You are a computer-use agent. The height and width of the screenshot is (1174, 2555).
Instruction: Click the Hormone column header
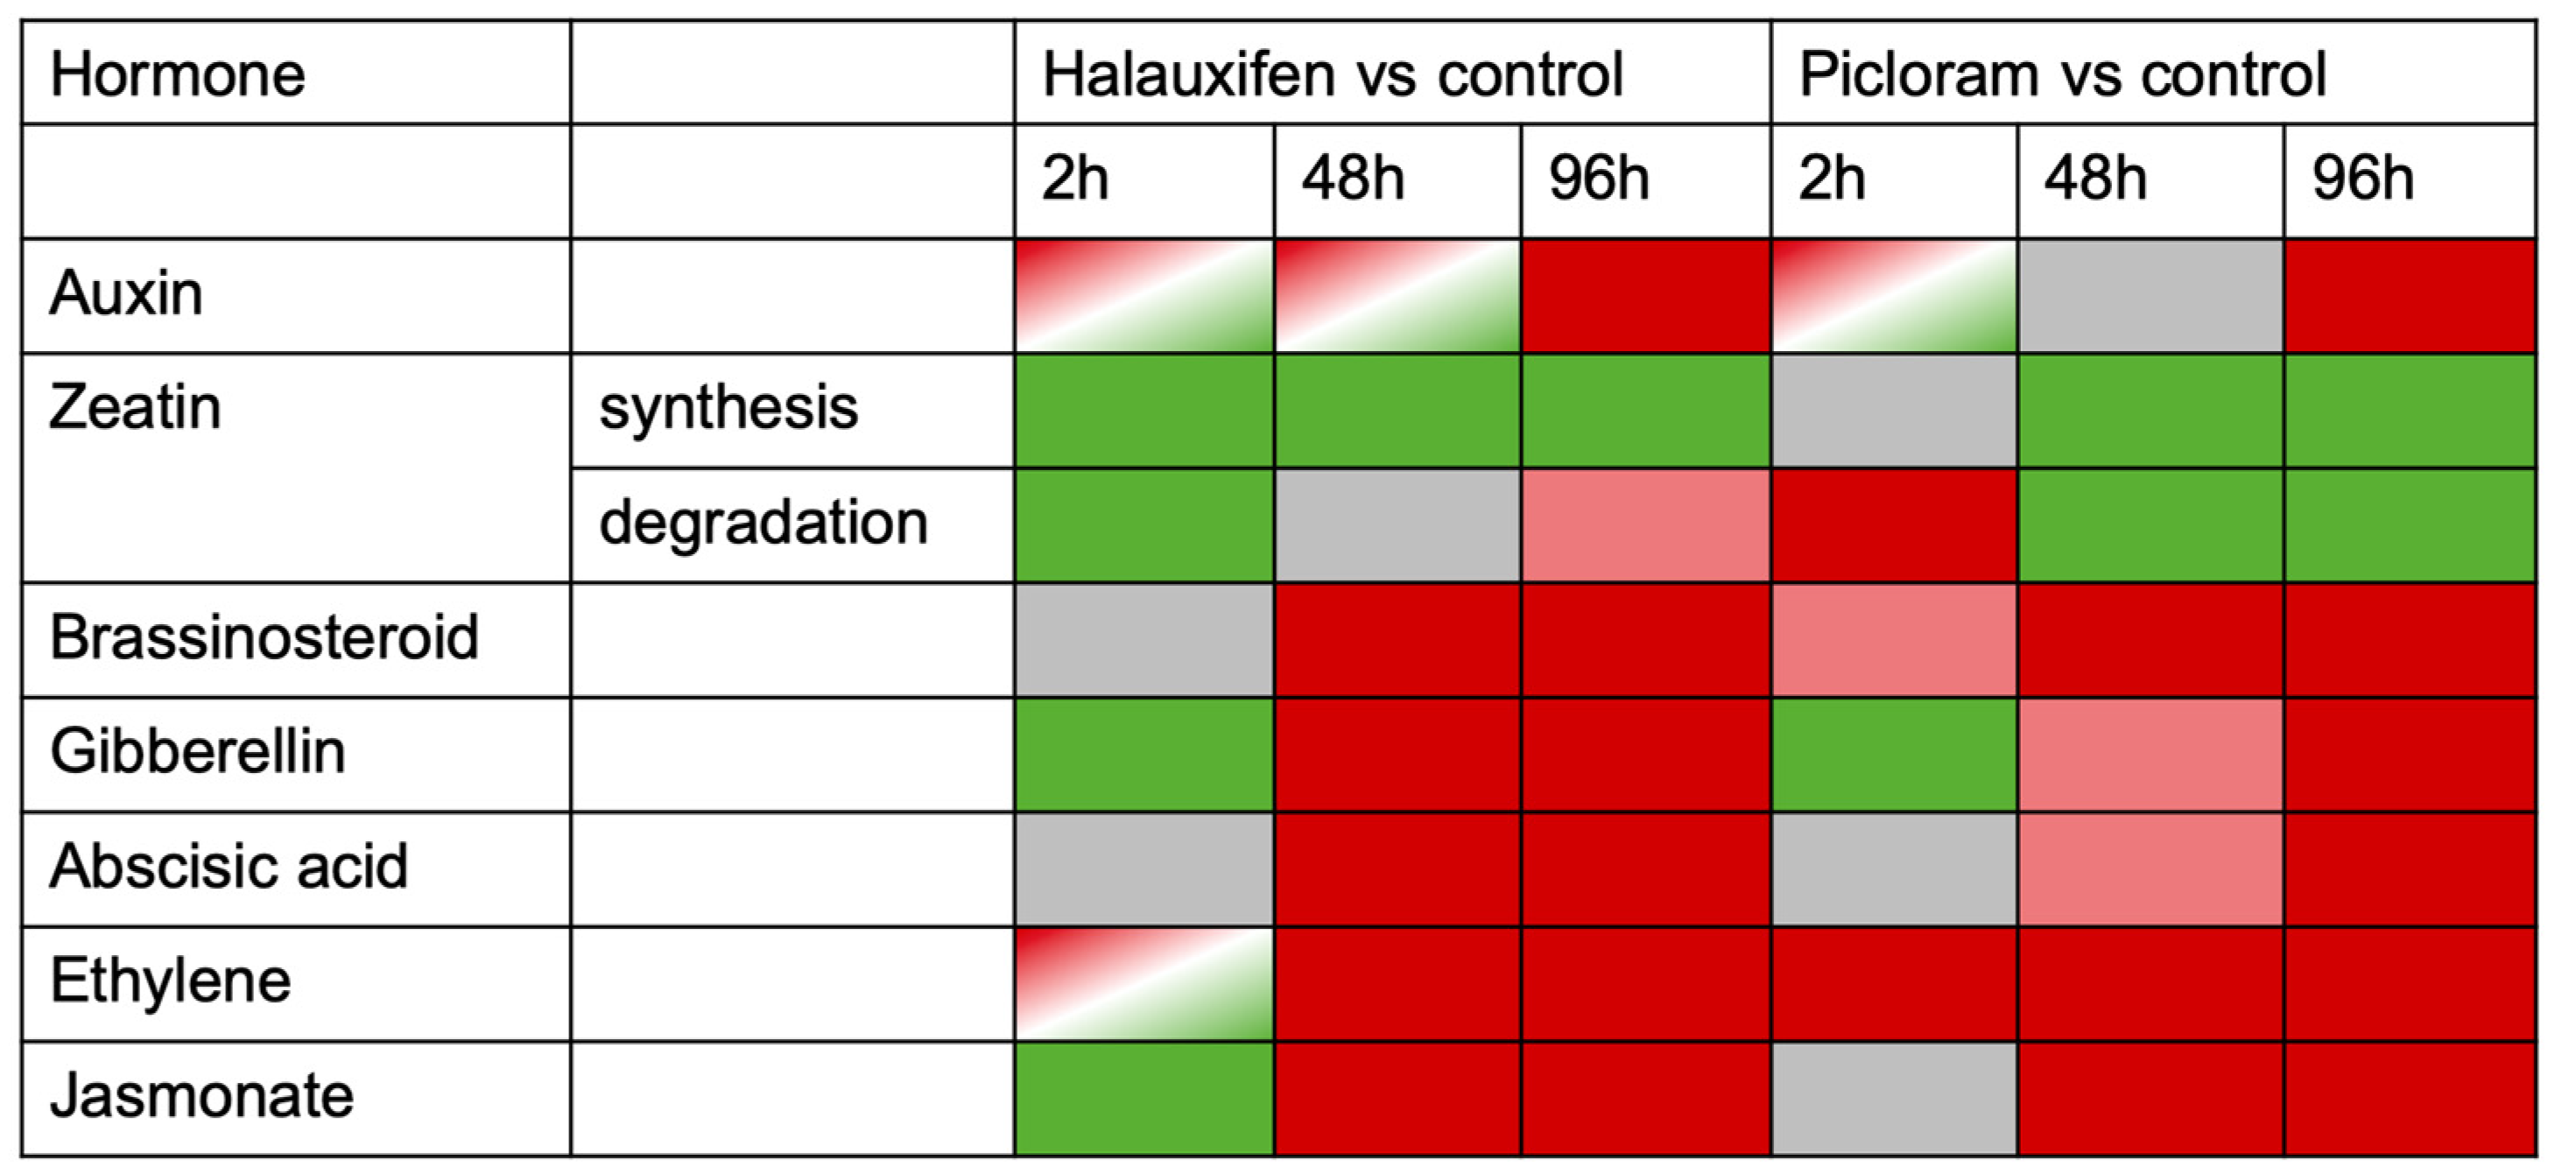178,74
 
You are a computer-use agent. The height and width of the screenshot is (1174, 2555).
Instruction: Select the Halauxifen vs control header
1332,74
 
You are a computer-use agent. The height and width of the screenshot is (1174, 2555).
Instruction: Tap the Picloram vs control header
2062,74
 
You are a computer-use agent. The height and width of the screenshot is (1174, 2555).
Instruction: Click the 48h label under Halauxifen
1353,179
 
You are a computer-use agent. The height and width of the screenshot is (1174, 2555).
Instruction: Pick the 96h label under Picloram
2362,179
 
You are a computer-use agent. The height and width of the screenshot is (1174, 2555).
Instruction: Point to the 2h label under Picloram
1831,179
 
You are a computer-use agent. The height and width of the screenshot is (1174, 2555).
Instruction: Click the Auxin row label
126,293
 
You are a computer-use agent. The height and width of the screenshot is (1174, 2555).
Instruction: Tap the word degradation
763,523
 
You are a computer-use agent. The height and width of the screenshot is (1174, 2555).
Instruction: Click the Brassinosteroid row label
264,636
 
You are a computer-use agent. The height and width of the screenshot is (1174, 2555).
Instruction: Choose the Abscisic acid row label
229,866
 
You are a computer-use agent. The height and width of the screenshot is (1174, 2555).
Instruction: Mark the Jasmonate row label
201,1096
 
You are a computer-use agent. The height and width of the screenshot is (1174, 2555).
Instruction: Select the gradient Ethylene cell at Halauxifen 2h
1144,984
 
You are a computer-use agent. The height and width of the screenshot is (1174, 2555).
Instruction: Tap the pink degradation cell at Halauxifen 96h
1645,524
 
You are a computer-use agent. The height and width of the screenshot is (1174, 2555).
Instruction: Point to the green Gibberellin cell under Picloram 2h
1893,755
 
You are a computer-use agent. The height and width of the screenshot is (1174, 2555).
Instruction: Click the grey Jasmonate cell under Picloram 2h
1893,1099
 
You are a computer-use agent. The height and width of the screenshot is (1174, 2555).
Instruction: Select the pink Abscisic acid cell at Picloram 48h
2150,868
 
